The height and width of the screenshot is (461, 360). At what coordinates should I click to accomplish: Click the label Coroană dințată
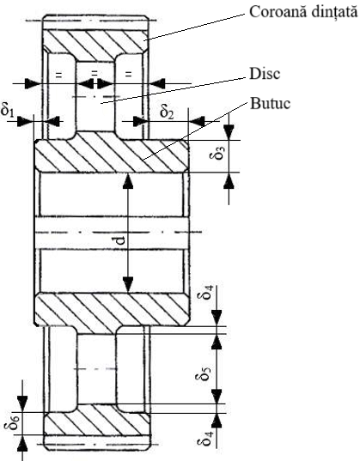[x=303, y=12]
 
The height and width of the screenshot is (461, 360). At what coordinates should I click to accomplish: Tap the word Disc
[x=265, y=74]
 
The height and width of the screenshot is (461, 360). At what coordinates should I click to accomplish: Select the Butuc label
[x=271, y=103]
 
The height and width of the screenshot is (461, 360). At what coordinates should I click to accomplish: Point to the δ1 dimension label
[x=8, y=110]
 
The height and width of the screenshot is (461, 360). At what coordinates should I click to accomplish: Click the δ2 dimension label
[x=167, y=111]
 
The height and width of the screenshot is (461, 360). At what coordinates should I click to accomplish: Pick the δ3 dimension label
[x=217, y=151]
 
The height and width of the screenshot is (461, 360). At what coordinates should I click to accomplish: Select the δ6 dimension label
[x=12, y=422]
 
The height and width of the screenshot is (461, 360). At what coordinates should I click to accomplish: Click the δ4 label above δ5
[x=205, y=292]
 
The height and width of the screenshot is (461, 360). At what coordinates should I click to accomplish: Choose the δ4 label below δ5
[x=205, y=438]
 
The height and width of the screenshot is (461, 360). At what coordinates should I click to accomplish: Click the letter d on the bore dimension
[x=120, y=240]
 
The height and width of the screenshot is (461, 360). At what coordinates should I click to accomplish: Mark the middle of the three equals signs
[x=95, y=73]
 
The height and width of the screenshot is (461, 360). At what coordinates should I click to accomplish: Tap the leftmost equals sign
[x=59, y=75]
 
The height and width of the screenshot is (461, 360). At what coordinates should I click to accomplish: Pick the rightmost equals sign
[x=128, y=75]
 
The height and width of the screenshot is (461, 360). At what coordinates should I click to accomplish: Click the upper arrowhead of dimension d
[x=128, y=180]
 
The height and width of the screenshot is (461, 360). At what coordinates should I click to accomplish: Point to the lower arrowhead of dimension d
[x=128, y=285]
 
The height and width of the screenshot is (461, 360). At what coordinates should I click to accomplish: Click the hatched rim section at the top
[x=95, y=42]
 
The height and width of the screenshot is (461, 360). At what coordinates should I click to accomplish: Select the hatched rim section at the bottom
[x=97, y=421]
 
